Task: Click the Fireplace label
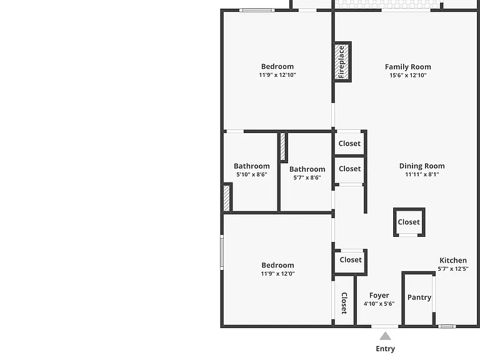click(x=341, y=62)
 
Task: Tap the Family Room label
click(x=407, y=67)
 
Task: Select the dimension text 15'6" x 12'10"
click(x=407, y=75)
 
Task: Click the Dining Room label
click(x=422, y=166)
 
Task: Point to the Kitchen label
click(x=453, y=260)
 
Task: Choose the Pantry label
click(x=419, y=297)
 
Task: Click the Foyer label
click(x=379, y=296)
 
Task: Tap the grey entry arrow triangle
click(x=385, y=336)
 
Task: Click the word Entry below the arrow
click(x=386, y=349)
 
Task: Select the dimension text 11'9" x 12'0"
click(x=277, y=274)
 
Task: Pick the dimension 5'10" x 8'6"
click(x=252, y=174)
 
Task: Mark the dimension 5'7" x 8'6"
click(x=307, y=177)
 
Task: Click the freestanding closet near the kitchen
click(x=409, y=222)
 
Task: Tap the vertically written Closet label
click(x=344, y=303)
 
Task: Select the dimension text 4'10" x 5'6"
click(x=379, y=304)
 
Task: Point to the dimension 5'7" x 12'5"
click(x=453, y=269)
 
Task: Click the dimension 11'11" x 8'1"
click(x=422, y=174)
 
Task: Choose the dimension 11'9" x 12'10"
click(x=277, y=75)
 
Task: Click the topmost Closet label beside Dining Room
click(x=349, y=144)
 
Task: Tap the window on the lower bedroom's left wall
click(x=222, y=252)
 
